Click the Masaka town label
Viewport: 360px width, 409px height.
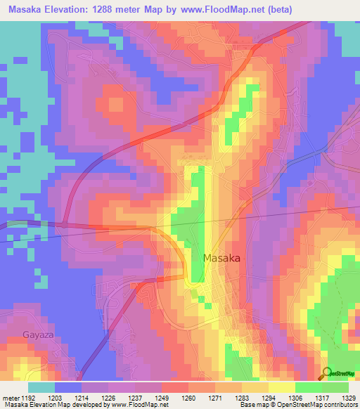[221, 258]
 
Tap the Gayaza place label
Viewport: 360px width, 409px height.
[37, 335]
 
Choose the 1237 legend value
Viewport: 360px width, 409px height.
[137, 398]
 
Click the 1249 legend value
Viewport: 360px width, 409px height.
[163, 398]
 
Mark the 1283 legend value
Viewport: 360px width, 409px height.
[243, 398]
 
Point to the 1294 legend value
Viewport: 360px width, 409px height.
[269, 398]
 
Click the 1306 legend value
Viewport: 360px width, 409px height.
[296, 398]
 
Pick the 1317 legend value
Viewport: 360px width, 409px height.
[322, 398]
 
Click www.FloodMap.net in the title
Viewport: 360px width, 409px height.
[220, 9]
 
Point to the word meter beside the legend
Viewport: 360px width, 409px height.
[10, 398]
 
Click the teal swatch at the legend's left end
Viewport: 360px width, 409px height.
[41, 387]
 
